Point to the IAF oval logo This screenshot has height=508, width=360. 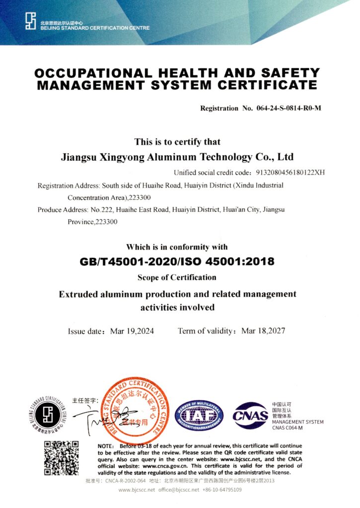(199, 415)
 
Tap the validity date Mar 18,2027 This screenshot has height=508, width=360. (263, 331)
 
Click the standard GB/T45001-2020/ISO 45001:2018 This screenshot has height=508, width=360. (177, 261)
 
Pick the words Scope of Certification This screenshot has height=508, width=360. (177, 277)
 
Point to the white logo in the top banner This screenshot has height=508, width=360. (31, 21)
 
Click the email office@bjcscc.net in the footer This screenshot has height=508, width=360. (179, 490)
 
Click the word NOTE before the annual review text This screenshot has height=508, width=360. (107, 445)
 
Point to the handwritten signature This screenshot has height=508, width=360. (97, 416)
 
